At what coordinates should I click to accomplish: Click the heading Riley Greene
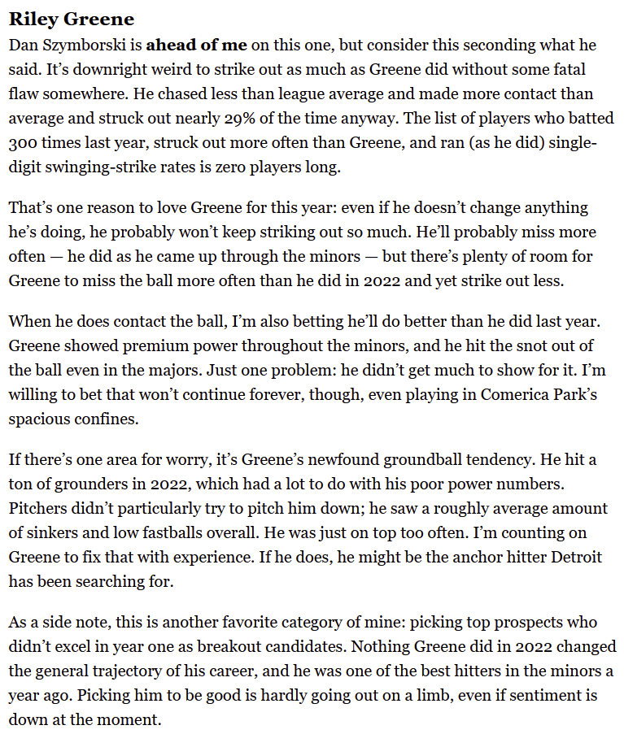point(72,19)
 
